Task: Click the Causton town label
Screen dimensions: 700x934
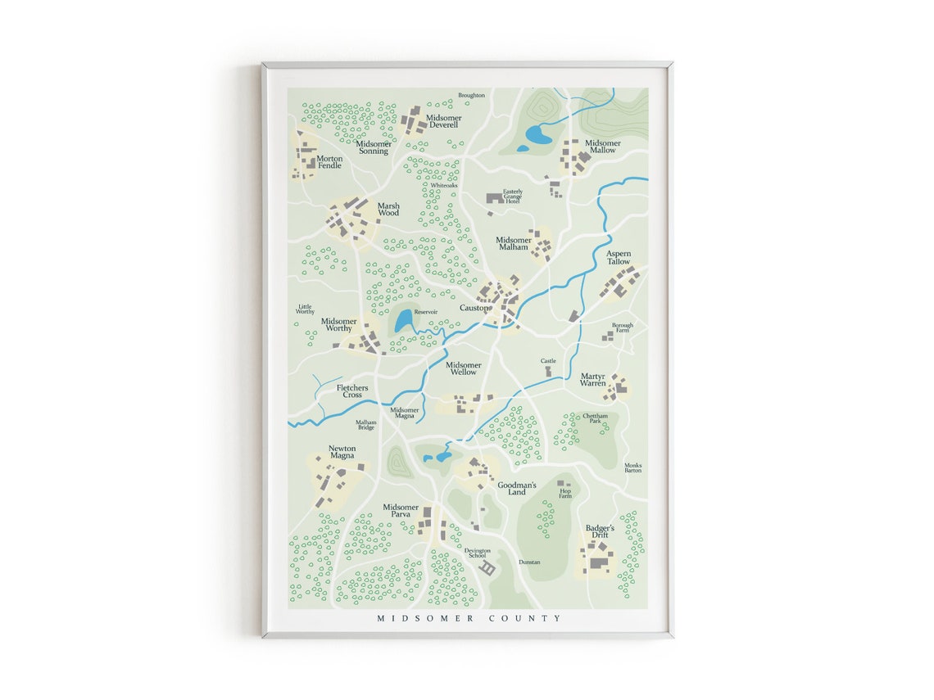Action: pyautogui.click(x=474, y=308)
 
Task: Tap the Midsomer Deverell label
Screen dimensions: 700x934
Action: pyautogui.click(x=444, y=122)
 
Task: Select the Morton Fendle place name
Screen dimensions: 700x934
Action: pyautogui.click(x=329, y=162)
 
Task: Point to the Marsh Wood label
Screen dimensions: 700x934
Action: pyautogui.click(x=388, y=210)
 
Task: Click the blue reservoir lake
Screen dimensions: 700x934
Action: pyautogui.click(x=404, y=321)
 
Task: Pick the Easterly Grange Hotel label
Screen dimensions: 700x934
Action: pyautogui.click(x=512, y=196)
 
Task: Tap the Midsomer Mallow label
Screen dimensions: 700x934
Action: pyautogui.click(x=602, y=147)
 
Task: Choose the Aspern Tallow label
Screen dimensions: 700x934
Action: pyautogui.click(x=619, y=258)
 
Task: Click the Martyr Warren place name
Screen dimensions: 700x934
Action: pyautogui.click(x=593, y=380)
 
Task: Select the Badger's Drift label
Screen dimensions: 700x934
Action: pyautogui.click(x=600, y=532)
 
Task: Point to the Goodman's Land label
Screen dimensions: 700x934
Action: pyautogui.click(x=517, y=489)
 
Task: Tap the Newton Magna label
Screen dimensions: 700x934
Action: pyautogui.click(x=342, y=452)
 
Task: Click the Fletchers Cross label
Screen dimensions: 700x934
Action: pyautogui.click(x=352, y=391)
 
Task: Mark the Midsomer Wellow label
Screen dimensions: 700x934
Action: pyautogui.click(x=463, y=368)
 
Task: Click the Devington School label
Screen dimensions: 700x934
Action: pyautogui.click(x=477, y=553)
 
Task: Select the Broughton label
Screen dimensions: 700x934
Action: pyautogui.click(x=471, y=96)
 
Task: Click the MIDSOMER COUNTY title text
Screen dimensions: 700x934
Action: pyautogui.click(x=469, y=618)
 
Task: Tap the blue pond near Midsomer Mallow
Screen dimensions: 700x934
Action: pyautogui.click(x=538, y=133)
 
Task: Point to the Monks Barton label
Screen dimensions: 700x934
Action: pyautogui.click(x=632, y=467)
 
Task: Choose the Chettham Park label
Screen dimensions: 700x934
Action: pyautogui.click(x=596, y=418)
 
